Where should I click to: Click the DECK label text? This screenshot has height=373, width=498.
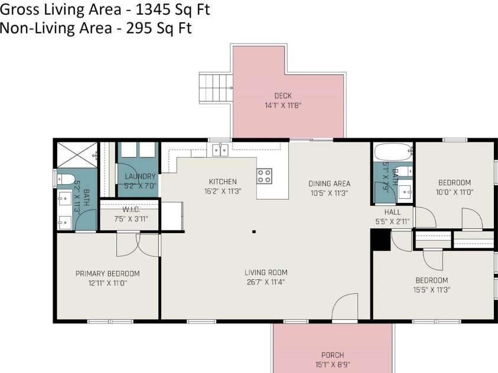(283, 96)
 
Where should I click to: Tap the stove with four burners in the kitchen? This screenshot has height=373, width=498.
(264, 175)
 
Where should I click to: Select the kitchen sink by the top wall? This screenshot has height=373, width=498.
(220, 150)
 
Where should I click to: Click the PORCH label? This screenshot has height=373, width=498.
(332, 355)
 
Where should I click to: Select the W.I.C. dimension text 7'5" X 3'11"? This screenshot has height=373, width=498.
(131, 218)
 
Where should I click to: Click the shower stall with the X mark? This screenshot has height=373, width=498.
(76, 155)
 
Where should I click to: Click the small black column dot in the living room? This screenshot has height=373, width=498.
(253, 232)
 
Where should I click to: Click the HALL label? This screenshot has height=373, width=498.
(392, 212)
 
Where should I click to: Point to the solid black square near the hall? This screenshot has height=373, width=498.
(380, 240)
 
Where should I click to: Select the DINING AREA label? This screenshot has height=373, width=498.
(329, 184)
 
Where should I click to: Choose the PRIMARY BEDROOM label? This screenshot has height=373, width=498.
(108, 273)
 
